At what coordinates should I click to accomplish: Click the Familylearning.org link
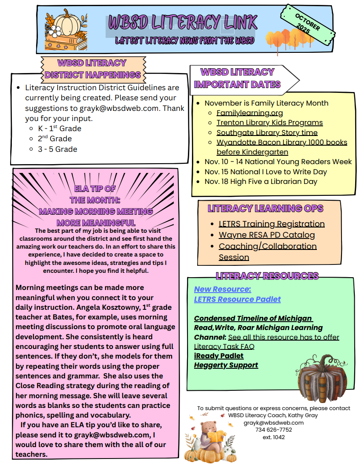click(250, 113)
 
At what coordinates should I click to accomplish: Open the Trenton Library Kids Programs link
click(269, 122)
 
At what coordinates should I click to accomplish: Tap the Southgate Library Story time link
click(267, 132)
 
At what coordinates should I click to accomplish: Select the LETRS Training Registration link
click(272, 224)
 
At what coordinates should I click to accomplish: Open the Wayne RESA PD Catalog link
click(267, 235)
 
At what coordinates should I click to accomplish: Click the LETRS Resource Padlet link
click(237, 299)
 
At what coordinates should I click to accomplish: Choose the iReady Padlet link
click(219, 356)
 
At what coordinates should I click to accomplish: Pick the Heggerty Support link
click(226, 365)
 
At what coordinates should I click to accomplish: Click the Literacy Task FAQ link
click(224, 346)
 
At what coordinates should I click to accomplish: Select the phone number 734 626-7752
click(273, 429)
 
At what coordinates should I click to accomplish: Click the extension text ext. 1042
click(273, 437)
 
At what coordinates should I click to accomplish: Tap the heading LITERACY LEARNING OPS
click(265, 208)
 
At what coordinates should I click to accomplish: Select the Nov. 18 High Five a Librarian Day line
click(261, 181)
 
